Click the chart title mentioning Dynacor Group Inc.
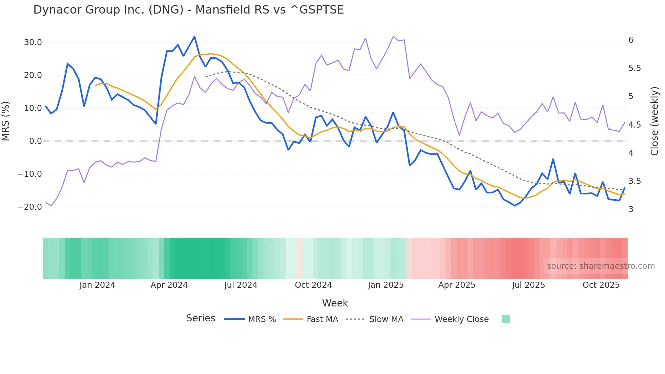(188, 10)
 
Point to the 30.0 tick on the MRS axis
(33, 42)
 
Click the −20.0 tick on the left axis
(30, 207)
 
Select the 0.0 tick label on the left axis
(35, 141)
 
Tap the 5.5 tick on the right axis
(634, 68)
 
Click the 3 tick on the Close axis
(631, 209)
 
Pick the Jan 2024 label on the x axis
(97, 285)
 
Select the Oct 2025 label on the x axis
(601, 285)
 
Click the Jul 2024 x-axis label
(241, 285)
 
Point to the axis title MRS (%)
(6, 121)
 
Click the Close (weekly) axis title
(654, 121)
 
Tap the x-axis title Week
(335, 303)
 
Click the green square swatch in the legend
(506, 319)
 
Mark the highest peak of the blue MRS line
(194, 37)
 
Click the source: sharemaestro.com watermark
(601, 266)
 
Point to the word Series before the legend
(201, 318)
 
